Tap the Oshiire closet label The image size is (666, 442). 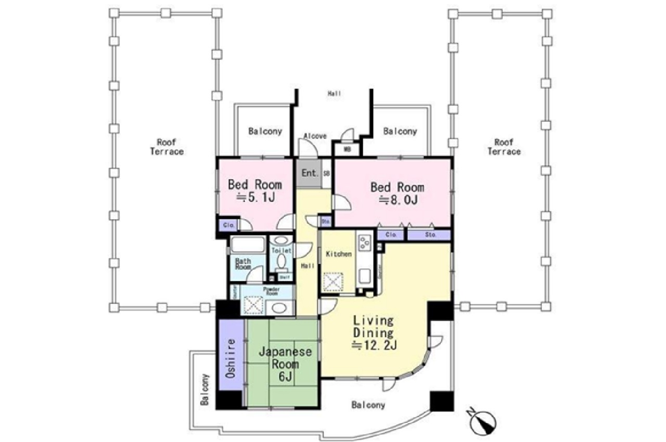(231, 358)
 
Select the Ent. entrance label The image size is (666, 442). (310, 173)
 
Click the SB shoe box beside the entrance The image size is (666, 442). (327, 174)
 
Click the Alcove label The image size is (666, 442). (315, 136)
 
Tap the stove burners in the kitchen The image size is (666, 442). (363, 242)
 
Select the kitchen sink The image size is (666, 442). (363, 276)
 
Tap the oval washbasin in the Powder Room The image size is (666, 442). (280, 307)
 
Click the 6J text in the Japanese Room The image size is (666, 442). (285, 377)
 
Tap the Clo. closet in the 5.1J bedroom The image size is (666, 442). (228, 225)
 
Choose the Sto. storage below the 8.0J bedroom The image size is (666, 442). (430, 235)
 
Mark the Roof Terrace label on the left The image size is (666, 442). (166, 147)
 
